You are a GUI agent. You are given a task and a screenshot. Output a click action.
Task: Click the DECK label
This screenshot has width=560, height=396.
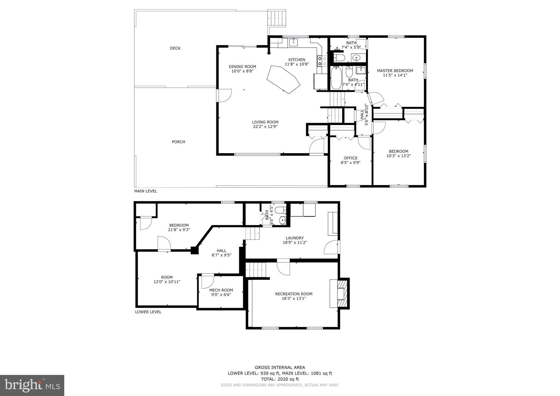pos(175,48)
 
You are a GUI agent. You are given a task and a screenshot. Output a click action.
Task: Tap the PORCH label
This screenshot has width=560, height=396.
pos(178,142)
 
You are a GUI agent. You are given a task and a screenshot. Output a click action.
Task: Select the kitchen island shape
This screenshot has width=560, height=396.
pos(283,79)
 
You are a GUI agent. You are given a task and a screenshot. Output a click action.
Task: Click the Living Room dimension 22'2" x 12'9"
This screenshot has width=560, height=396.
pos(265,127)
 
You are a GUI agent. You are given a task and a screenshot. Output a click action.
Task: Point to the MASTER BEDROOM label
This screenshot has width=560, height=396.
pos(395,71)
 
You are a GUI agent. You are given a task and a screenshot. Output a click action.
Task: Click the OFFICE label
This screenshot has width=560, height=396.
pos(351,158)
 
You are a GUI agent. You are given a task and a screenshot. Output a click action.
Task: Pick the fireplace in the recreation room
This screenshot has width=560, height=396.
pos(342,294)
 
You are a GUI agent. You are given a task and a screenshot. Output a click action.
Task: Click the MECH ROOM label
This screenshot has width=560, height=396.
pos(221,290)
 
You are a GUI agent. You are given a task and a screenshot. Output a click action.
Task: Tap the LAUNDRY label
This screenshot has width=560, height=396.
pos(295,238)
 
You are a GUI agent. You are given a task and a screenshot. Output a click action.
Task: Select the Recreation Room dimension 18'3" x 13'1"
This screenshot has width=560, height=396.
pos(294,298)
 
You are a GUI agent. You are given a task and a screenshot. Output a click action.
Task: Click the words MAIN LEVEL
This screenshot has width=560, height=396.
pos(145,191)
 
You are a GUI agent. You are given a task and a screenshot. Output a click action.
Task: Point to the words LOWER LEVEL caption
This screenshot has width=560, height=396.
pos(148,312)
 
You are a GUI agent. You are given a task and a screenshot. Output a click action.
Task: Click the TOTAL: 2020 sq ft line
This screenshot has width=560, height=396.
pos(280,379)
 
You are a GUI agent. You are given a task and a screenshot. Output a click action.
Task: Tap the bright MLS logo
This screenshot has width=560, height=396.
pos(32,385)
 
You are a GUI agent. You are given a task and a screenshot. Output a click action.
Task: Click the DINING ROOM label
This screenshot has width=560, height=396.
pos(242,66)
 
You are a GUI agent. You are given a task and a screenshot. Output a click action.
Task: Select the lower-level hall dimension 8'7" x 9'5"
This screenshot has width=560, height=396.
pos(221,255)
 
